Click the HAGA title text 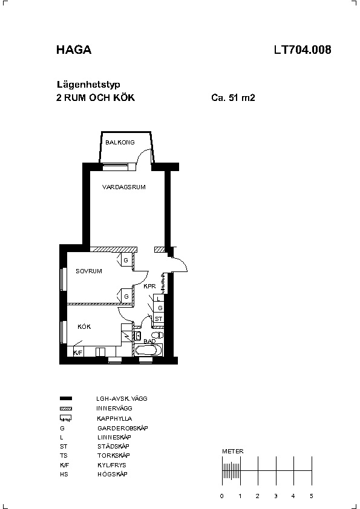(74, 50)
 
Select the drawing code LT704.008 (303, 50)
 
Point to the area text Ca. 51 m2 (233, 98)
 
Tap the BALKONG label (120, 142)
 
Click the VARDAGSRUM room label (124, 187)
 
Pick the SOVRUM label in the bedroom (89, 271)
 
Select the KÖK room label (84, 326)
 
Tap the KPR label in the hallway (149, 287)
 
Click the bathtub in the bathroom (148, 350)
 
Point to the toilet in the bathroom (157, 335)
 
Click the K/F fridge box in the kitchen (78, 352)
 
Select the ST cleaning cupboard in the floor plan (159, 319)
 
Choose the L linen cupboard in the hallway (159, 298)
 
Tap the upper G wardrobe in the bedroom (126, 260)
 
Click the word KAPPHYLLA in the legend (114, 418)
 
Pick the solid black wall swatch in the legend (66, 398)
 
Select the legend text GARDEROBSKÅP (122, 428)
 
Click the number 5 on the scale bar (311, 496)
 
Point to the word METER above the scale (232, 451)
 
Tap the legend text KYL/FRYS (112, 465)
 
